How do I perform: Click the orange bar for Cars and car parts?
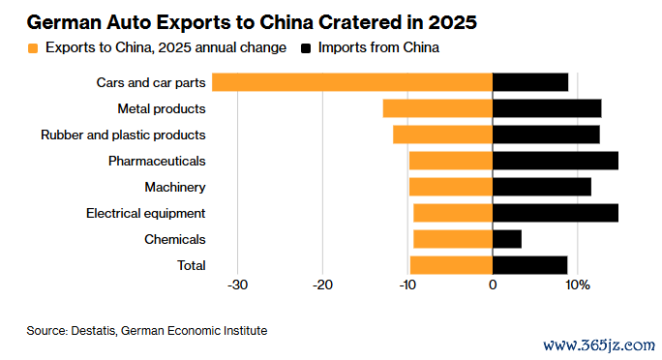coord(352,82)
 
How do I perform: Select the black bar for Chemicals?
coord(507,239)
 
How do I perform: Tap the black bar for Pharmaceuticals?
coord(556,161)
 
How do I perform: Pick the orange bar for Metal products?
coord(437,108)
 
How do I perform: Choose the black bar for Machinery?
coord(542,187)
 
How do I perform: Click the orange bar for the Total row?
coord(451,265)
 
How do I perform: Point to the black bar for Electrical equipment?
coord(556,213)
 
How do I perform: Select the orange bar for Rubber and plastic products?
coord(443,135)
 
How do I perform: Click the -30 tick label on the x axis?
coord(237,285)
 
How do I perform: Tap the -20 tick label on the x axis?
coord(322,285)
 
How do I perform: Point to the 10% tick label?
coord(578,285)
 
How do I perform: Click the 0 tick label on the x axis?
coord(493,285)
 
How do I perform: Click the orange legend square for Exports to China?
coord(33,48)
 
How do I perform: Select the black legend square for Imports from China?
coord(306,48)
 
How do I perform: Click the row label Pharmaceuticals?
coord(157,161)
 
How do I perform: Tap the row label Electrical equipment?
coord(145,214)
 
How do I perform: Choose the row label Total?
coord(192,265)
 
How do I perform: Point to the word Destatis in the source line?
coord(93,330)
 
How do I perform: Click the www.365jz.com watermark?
coord(599,345)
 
